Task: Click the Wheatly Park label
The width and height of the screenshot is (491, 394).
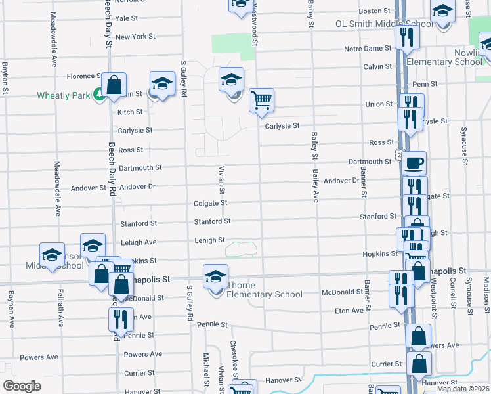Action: [x=63, y=95]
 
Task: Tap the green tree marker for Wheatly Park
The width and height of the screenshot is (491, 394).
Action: [x=98, y=95]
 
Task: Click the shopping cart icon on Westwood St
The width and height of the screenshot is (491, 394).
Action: [x=261, y=99]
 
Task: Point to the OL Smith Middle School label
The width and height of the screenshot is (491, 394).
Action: [x=384, y=24]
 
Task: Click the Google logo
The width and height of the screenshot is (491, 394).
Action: [x=22, y=386]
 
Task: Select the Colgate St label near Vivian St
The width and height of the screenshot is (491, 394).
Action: [x=210, y=203]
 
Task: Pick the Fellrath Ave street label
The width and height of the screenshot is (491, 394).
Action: [x=60, y=308]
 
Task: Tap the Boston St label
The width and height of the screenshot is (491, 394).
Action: [x=375, y=11]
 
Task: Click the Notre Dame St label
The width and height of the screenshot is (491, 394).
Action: [x=368, y=49]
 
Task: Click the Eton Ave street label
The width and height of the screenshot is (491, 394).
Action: [x=349, y=310]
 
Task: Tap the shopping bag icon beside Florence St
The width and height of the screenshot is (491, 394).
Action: [x=114, y=85]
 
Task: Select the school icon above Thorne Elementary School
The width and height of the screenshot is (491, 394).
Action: [x=215, y=276]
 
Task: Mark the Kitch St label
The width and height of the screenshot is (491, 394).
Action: [x=130, y=112]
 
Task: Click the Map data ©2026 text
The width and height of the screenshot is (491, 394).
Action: [x=463, y=389]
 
